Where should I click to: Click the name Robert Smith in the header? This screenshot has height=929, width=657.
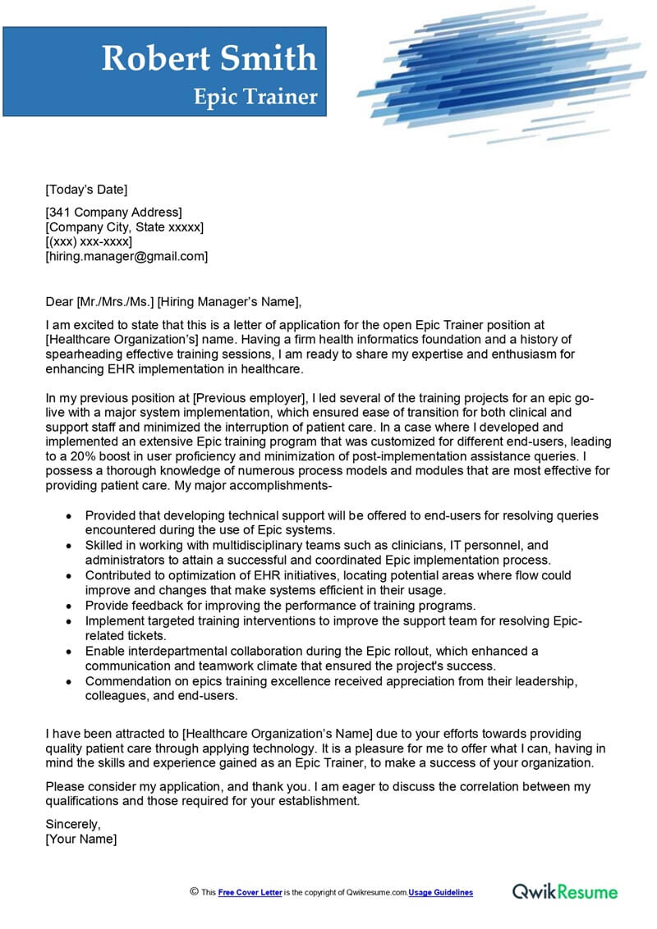pyautogui.click(x=209, y=58)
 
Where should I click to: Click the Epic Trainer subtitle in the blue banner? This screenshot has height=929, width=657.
pyautogui.click(x=255, y=97)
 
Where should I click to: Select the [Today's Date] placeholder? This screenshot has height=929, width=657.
pyautogui.click(x=87, y=190)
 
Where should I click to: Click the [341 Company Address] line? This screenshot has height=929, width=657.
pyautogui.click(x=113, y=213)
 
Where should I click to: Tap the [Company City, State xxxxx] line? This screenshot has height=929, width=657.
pyautogui.click(x=125, y=227)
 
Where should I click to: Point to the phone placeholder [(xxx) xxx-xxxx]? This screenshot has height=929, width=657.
pyautogui.click(x=89, y=242)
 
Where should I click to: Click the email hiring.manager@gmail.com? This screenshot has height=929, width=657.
pyautogui.click(x=126, y=257)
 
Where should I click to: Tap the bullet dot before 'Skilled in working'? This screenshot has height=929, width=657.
pyautogui.click(x=68, y=546)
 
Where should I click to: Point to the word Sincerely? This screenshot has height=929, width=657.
pyautogui.click(x=73, y=824)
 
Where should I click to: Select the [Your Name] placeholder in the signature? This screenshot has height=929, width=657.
pyautogui.click(x=81, y=839)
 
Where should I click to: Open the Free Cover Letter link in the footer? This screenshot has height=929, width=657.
pyautogui.click(x=250, y=892)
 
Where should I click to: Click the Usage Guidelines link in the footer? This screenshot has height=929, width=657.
pyautogui.click(x=441, y=892)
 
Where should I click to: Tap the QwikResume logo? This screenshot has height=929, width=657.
pyautogui.click(x=565, y=891)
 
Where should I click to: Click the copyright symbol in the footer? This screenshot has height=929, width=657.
pyautogui.click(x=194, y=891)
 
